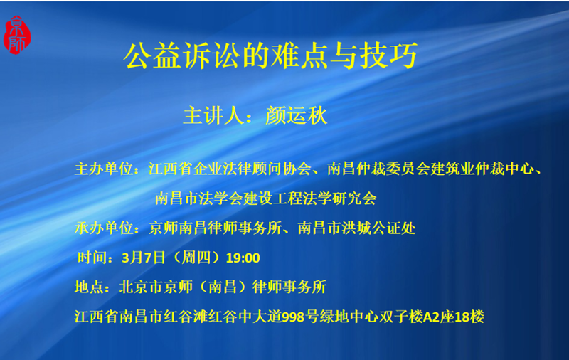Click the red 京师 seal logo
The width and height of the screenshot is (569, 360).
click(x=17, y=35)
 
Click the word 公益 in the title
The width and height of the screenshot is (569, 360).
click(x=152, y=55)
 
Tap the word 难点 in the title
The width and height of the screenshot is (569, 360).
click(x=300, y=55)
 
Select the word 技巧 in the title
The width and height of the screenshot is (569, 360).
click(x=389, y=55)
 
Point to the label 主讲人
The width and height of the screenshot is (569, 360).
click(x=213, y=115)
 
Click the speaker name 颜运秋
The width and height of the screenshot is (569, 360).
click(x=296, y=115)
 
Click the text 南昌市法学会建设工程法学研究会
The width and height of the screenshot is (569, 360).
click(x=265, y=198)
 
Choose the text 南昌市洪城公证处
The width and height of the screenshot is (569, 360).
click(x=356, y=228)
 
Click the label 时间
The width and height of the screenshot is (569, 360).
click(x=92, y=258)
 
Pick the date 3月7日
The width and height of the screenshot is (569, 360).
click(x=144, y=258)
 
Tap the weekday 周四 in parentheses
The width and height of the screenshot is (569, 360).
click(x=196, y=258)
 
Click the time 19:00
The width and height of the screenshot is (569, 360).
click(x=243, y=258)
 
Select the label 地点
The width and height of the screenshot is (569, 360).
click(x=90, y=287)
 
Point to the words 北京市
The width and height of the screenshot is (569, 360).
click(x=141, y=287)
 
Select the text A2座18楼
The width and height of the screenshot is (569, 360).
click(x=453, y=317)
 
